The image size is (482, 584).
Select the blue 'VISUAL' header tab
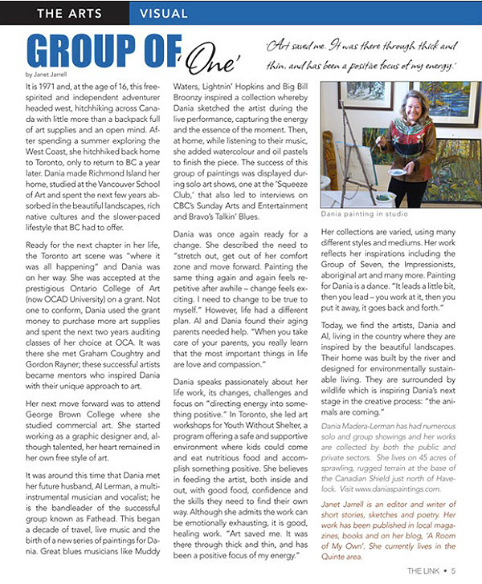[x=163, y=13]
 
